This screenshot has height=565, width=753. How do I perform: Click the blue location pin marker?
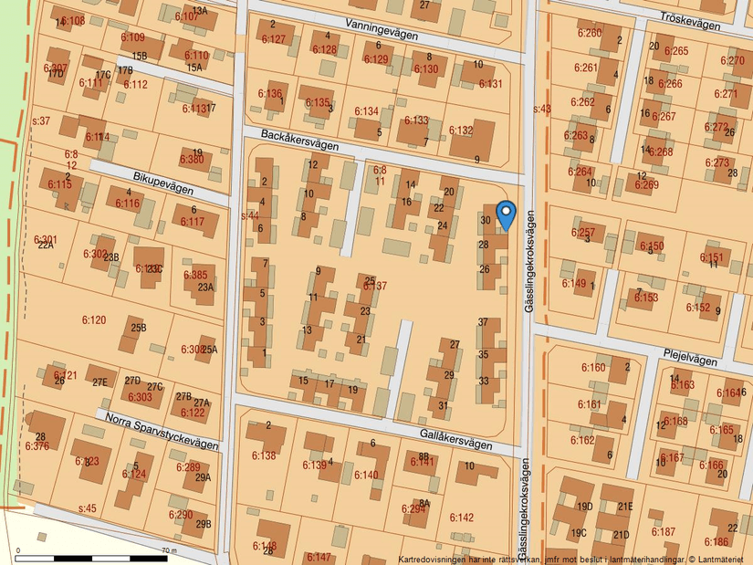(x=505, y=214)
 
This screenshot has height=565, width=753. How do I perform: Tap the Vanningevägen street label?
(x=382, y=30)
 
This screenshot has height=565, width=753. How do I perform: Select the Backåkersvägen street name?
(x=299, y=140)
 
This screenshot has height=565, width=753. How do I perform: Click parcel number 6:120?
(x=94, y=320)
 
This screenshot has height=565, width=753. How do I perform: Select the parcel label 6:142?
(x=462, y=518)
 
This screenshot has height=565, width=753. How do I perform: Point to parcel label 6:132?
(x=461, y=131)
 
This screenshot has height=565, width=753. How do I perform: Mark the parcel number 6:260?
(x=589, y=34)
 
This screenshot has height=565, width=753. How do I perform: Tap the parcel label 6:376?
(x=37, y=446)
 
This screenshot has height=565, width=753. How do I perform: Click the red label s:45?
(x=87, y=507)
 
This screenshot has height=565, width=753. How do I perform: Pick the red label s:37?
(x=41, y=120)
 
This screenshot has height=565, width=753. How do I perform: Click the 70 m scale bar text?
(x=168, y=550)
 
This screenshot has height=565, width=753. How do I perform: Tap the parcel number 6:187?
(x=664, y=531)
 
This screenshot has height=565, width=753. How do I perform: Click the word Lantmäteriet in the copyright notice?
(x=721, y=559)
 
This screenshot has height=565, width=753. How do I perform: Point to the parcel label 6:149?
(x=573, y=283)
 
